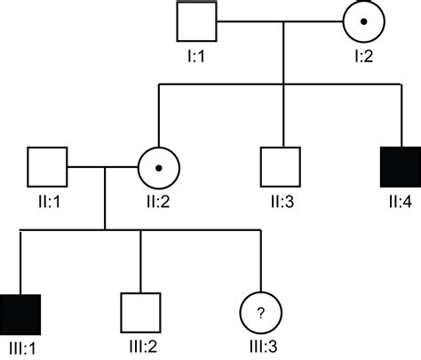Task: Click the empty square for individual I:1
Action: (197, 21)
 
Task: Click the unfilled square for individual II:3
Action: (282, 165)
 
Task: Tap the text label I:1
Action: (197, 56)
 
